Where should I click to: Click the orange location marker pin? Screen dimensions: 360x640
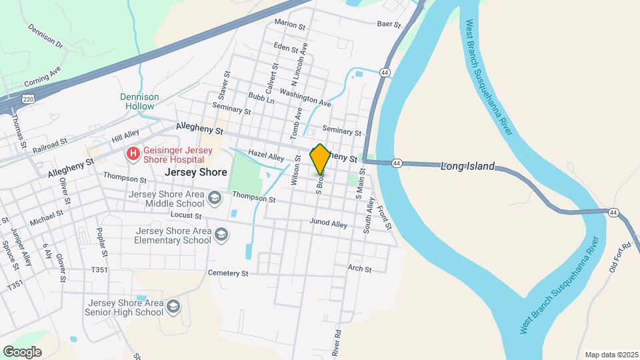tap(320, 159)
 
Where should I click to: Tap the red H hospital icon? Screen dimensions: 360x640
tap(133, 154)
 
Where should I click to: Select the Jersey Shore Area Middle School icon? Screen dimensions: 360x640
tap(215, 198)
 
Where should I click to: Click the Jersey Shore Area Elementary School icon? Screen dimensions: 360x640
tap(221, 235)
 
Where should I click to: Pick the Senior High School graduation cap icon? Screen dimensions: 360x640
tap(173, 307)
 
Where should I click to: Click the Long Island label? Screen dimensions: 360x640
tap(467, 166)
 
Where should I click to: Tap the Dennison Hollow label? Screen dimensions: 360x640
tap(139, 101)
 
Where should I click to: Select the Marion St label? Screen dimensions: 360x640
tap(289, 24)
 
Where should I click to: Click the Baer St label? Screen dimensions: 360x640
tap(389, 25)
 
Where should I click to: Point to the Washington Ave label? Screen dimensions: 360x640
tap(305, 98)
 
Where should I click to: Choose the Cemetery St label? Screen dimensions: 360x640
tap(228, 273)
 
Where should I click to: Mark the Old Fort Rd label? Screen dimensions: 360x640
tap(619, 257)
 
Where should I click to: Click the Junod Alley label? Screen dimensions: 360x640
tap(329, 223)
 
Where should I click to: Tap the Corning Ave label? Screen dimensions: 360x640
tap(43, 77)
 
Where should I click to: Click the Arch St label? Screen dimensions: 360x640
tap(359, 268)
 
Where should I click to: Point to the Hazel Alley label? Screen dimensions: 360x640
tap(266, 155)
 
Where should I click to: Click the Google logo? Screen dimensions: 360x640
tap(22, 352)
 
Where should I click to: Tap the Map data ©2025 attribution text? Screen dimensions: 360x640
tap(611, 355)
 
